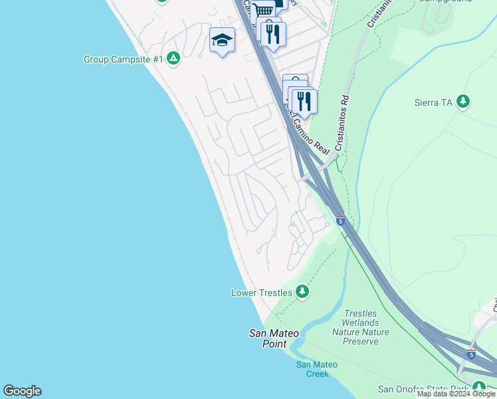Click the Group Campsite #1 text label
124,59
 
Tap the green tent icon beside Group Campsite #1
173,59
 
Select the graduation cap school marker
222,41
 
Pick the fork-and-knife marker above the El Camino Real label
304,100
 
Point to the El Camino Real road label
310,134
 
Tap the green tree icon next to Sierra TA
464,102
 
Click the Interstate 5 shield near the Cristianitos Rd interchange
340,221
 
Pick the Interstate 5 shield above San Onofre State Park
471,354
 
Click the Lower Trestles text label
261,293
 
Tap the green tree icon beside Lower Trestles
302,292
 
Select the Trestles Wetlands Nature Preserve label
361,327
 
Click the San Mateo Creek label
317,369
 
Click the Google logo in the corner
22,391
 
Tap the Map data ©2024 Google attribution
456,394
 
